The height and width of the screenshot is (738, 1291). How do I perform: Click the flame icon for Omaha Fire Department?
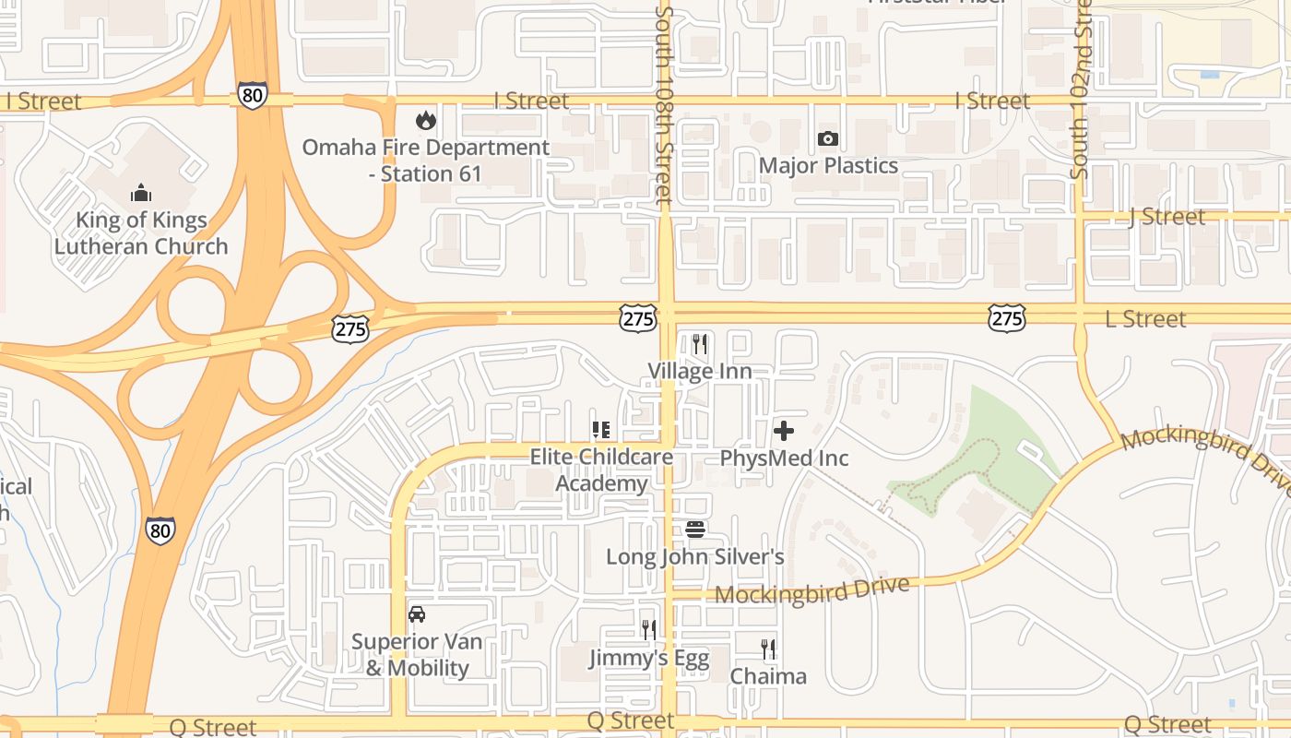[x=425, y=120]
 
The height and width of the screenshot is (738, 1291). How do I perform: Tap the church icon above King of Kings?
[x=140, y=192]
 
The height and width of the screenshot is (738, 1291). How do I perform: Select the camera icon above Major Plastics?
[x=828, y=139]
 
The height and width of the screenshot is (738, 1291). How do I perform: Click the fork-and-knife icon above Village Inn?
[x=700, y=344]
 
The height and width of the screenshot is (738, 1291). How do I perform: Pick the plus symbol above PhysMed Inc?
[x=784, y=430]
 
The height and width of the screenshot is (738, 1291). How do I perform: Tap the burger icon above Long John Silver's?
[x=695, y=530]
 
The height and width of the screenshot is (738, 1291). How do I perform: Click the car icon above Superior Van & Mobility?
[x=417, y=613]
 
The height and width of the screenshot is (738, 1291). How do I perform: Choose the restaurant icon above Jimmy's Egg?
[x=649, y=630]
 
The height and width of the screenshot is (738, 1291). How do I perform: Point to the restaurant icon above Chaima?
[x=767, y=649]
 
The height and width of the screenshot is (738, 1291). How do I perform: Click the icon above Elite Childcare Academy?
[x=601, y=430]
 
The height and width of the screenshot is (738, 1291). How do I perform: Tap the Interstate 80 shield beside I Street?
[x=252, y=95]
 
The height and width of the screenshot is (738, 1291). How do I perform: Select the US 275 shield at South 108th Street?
[x=638, y=319]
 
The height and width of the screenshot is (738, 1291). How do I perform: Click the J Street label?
[x=1167, y=217]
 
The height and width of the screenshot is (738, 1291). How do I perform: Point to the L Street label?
[x=1145, y=319]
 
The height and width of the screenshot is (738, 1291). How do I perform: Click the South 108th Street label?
[x=664, y=106]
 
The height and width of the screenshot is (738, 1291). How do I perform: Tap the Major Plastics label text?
[x=828, y=166]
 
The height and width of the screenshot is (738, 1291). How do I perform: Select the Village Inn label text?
[x=700, y=372]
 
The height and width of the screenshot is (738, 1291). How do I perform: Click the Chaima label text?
[x=768, y=676]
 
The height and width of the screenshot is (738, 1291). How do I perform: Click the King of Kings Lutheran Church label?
[x=141, y=233]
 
